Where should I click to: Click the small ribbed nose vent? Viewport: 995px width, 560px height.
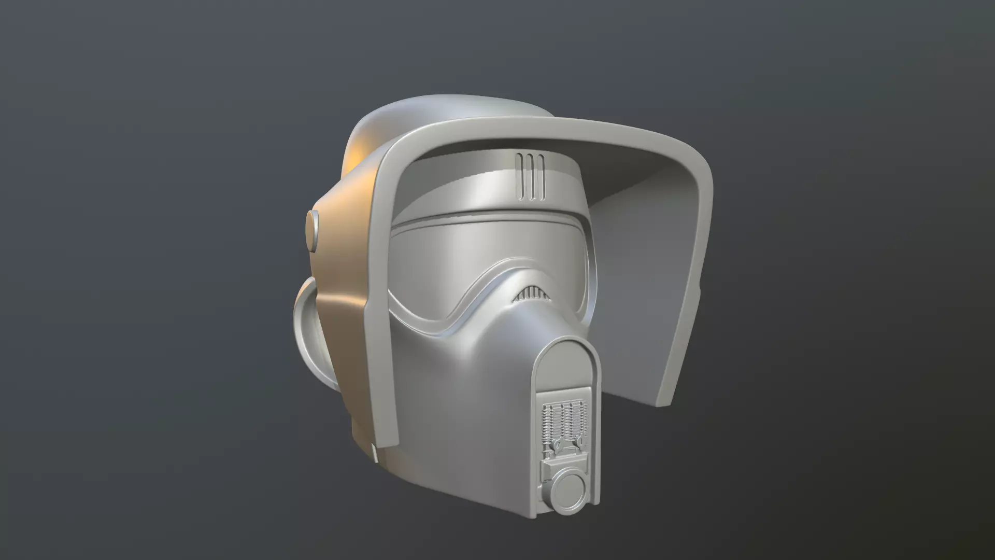pos(530,296)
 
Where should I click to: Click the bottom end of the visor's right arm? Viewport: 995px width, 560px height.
pos(669,399)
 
